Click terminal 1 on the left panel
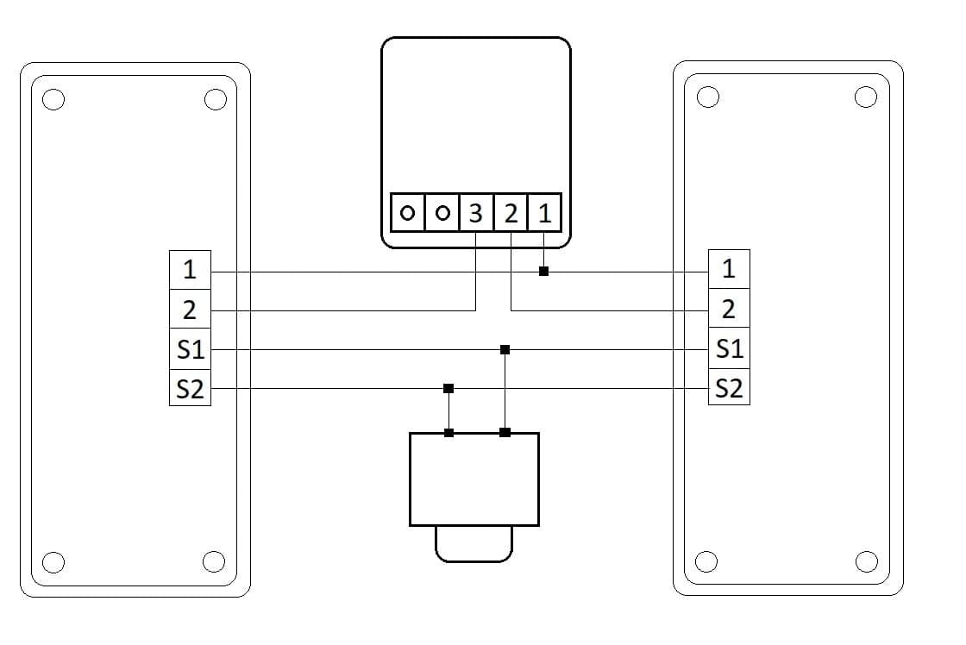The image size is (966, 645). click(190, 270)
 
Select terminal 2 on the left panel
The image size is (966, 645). click(190, 310)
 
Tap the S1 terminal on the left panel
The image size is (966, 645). click(190, 349)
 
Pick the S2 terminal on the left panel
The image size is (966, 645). click(190, 388)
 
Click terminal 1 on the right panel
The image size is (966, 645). click(729, 268)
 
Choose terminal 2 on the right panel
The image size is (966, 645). click(729, 308)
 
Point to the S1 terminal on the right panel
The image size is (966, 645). click(729, 348)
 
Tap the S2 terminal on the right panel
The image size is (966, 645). click(729, 387)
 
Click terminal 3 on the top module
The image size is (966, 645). click(475, 213)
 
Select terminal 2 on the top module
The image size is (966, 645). click(511, 213)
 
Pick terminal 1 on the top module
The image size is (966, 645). click(544, 213)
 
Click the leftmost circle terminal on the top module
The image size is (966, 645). click(407, 213)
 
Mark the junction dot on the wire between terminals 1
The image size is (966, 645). click(543, 271)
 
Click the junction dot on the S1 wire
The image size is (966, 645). click(505, 350)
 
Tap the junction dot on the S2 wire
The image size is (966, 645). click(448, 389)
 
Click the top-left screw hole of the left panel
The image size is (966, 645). click(53, 100)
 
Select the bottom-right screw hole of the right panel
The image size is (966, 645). click(867, 562)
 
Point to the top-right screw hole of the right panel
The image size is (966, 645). click(866, 97)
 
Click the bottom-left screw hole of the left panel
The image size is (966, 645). click(53, 562)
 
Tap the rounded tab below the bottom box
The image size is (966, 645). click(474, 560)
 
